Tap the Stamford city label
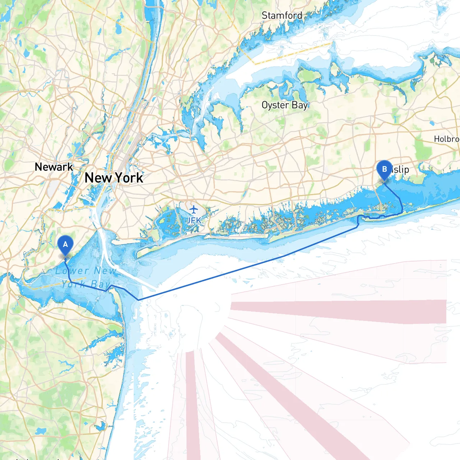[x=282, y=15]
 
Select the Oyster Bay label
[x=285, y=105]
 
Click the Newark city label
[x=54, y=167]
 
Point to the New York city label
[x=114, y=178]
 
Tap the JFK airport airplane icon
[x=194, y=209]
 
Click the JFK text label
[x=194, y=220]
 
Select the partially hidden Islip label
[x=400, y=169]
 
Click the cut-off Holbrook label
[x=447, y=139]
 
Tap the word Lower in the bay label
[x=72, y=271]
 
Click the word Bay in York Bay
[x=100, y=284]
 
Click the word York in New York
[x=129, y=178]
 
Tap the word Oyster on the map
[x=275, y=105]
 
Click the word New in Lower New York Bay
[x=105, y=271]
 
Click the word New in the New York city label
[x=98, y=178]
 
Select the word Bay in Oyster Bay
[x=299, y=105]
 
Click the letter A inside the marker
[x=65, y=244]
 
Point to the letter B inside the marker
[x=384, y=169]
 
